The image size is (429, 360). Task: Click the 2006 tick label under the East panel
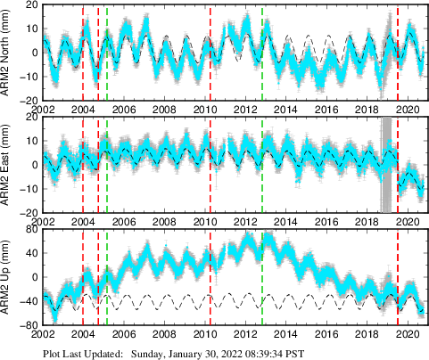point(124,221)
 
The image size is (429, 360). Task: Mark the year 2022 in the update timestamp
point(216,353)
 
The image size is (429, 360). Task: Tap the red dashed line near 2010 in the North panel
point(210,53)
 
